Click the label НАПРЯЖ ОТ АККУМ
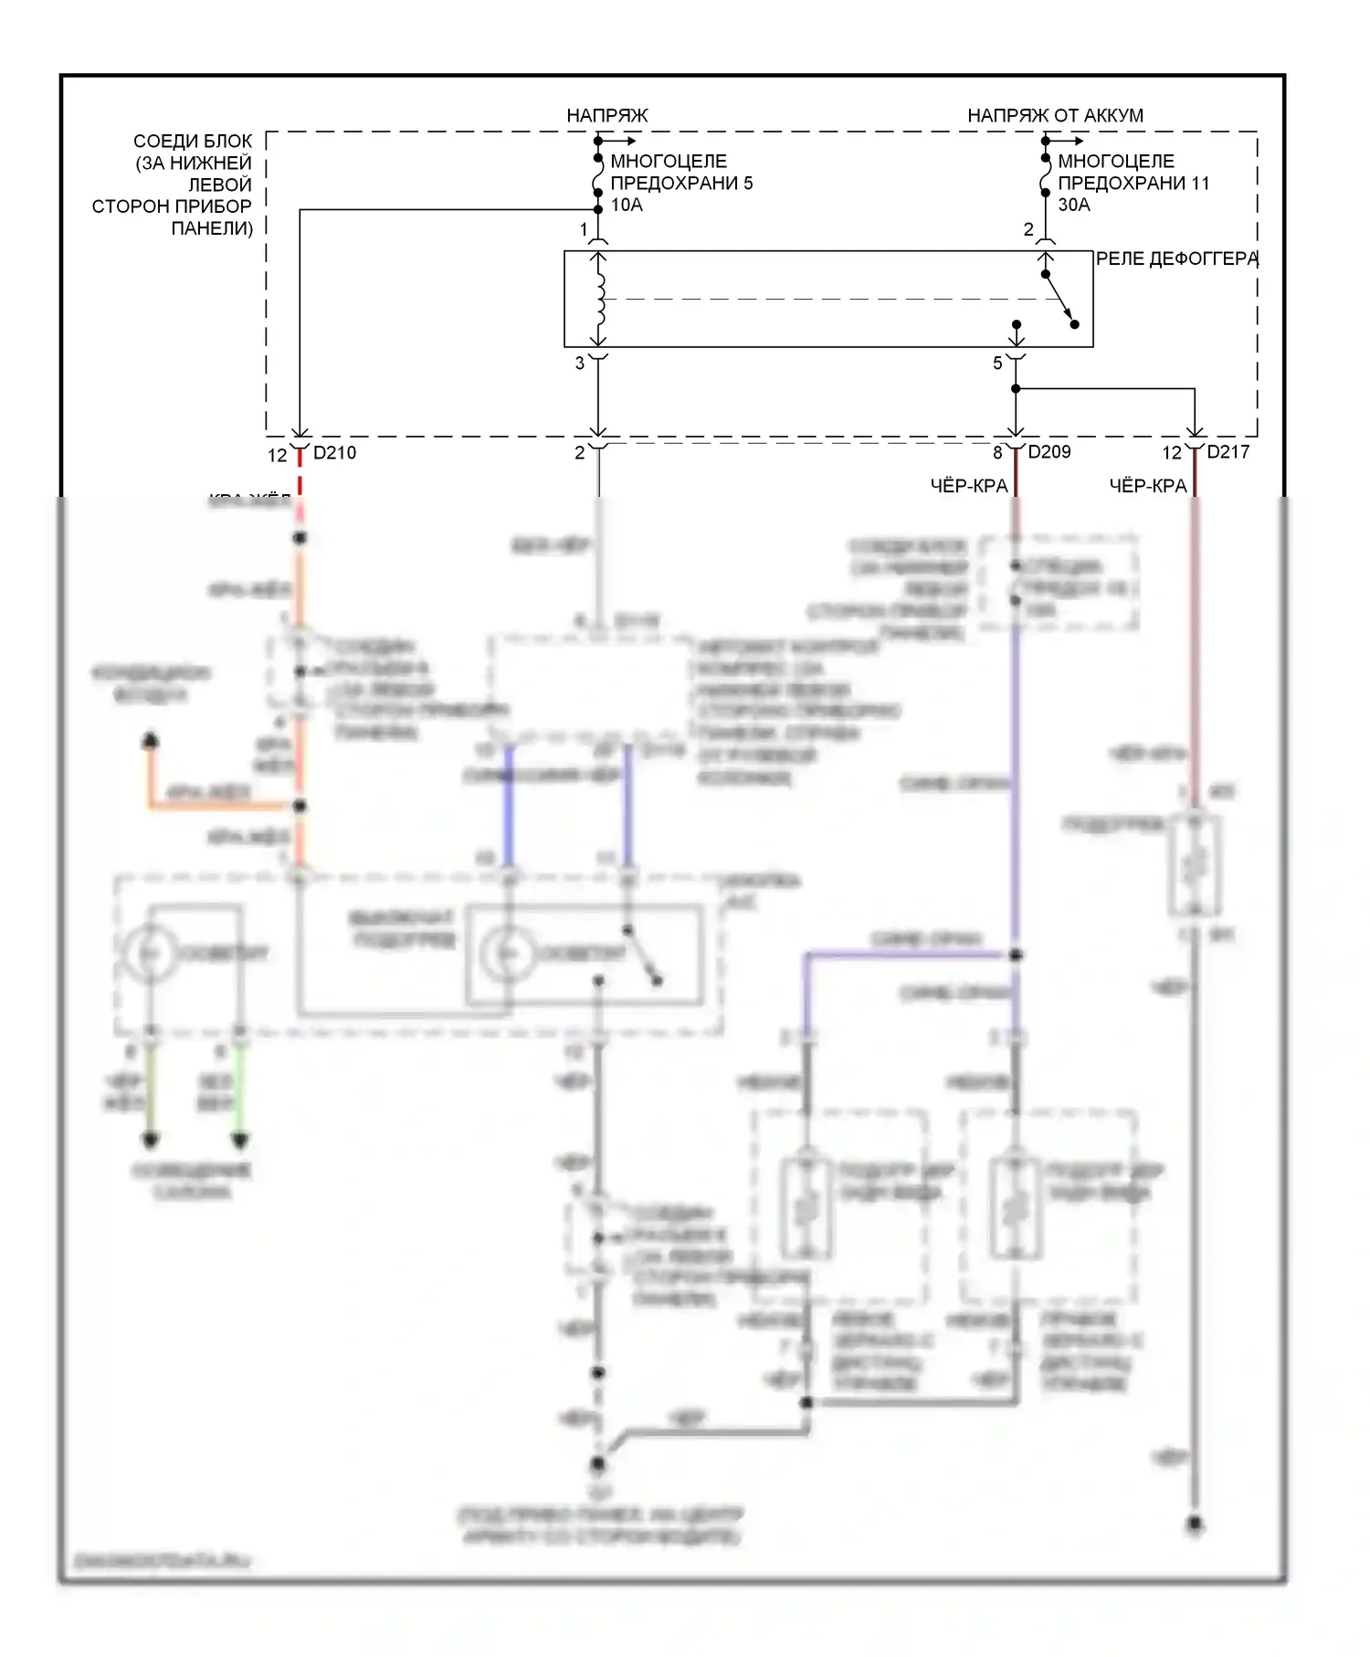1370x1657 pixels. [1055, 116]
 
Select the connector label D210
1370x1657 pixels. [334, 453]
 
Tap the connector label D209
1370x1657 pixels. [1049, 452]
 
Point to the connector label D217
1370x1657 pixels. [1228, 452]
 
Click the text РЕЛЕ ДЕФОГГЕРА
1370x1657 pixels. [1176, 259]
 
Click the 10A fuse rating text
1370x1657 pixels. [627, 206]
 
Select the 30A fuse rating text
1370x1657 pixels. [1074, 206]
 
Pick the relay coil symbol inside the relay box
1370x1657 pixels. [599, 299]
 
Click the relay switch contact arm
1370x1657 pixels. [1059, 299]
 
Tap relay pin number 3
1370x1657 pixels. [580, 364]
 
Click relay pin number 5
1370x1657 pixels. [997, 364]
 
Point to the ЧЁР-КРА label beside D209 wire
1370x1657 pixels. [968, 486]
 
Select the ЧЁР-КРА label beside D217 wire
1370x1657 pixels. [1147, 486]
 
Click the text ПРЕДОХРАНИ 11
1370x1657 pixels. [1133, 184]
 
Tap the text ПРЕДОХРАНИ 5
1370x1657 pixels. [681, 184]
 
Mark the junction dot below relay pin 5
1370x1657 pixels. [1016, 389]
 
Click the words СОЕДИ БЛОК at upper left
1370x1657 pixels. [192, 142]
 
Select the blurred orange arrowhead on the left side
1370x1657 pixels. [151, 740]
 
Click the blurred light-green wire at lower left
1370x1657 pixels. [239, 1087]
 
